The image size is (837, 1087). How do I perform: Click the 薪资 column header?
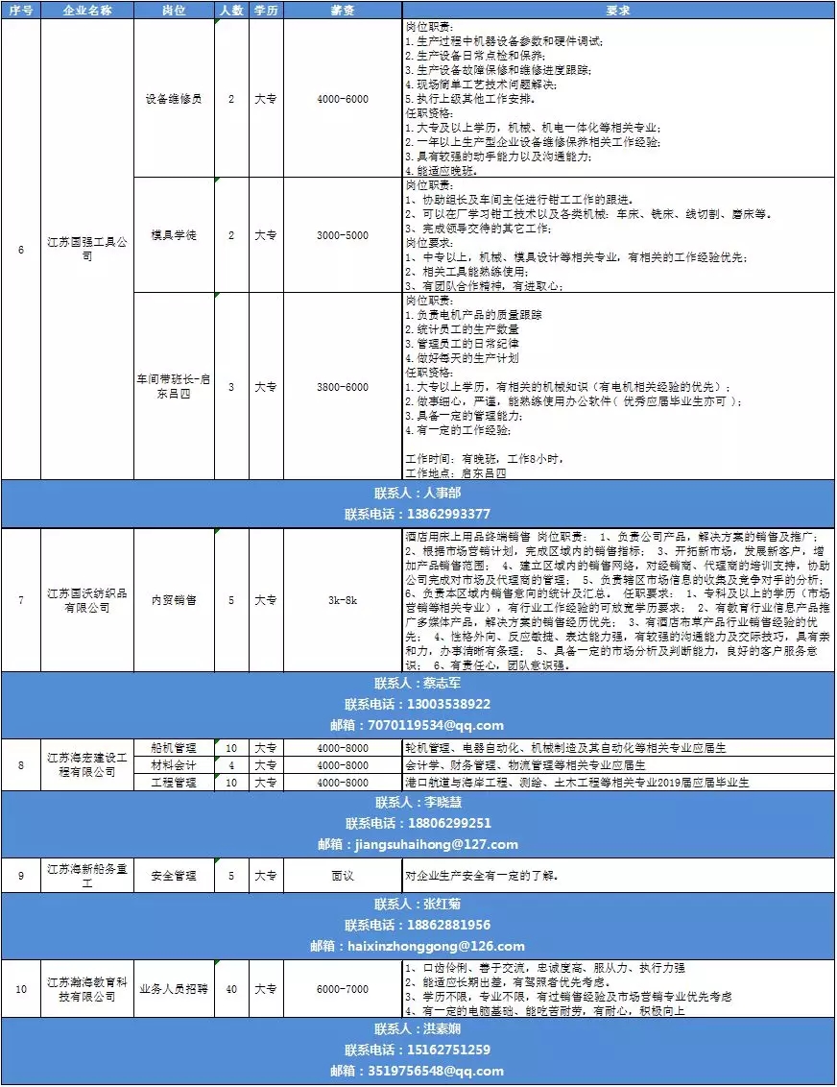click(342, 10)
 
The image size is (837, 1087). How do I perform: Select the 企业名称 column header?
click(87, 10)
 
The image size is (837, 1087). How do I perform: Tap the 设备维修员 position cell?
click(174, 99)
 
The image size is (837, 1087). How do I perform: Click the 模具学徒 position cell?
click(174, 235)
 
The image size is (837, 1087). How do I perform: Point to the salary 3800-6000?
click(342, 387)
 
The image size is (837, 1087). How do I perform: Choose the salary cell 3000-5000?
click(342, 235)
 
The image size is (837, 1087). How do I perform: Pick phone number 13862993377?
click(418, 515)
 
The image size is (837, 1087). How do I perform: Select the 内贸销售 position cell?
click(174, 600)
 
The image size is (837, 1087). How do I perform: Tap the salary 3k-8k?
click(342, 600)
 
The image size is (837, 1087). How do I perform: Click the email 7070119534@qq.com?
click(418, 726)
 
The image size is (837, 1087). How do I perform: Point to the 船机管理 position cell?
click(174, 747)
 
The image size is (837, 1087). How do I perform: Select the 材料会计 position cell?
click(174, 765)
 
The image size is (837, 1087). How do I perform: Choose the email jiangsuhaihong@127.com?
click(418, 845)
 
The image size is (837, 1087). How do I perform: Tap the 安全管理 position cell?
click(174, 876)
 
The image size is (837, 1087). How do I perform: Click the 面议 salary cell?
click(342, 876)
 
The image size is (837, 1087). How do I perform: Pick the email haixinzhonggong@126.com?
click(418, 947)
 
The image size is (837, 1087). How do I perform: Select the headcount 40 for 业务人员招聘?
click(231, 988)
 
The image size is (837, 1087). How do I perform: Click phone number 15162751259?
click(418, 1050)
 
